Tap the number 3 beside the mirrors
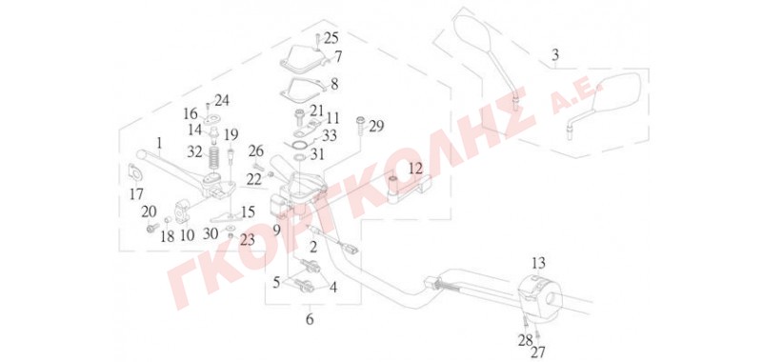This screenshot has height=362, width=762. click(555, 55)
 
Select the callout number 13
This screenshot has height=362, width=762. click(538, 264)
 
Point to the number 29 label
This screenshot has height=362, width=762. click(375, 127)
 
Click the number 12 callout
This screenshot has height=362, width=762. click(415, 170)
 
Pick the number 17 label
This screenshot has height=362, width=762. click(136, 194)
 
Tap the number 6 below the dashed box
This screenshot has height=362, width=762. click(310, 320)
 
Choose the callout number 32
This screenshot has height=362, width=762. click(195, 152)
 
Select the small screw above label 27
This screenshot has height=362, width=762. click(537, 333)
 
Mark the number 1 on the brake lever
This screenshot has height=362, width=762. click(158, 143)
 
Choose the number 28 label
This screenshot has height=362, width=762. click(525, 341)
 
